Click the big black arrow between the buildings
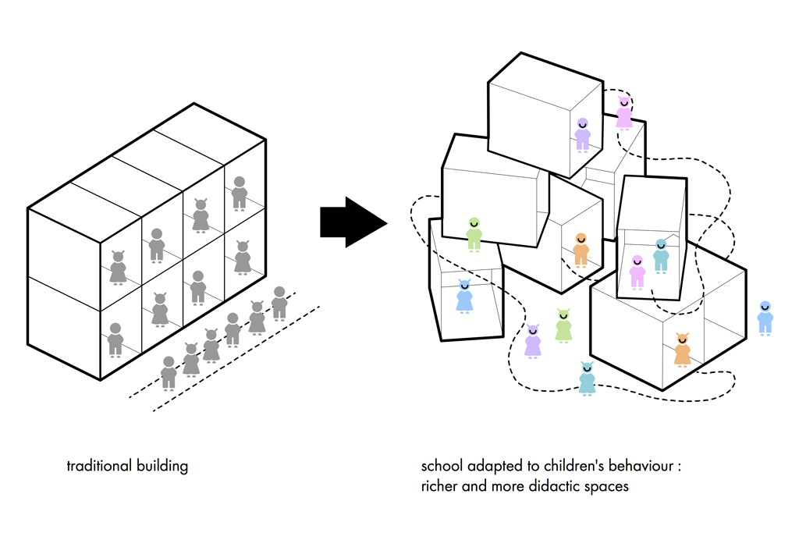pyautogui.click(x=353, y=223)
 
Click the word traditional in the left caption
pyautogui.click(x=98, y=467)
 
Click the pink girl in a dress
pyautogui.click(x=624, y=113)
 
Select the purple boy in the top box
pyautogui.click(x=582, y=134)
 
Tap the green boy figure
pyautogui.click(x=474, y=234)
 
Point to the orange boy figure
pyautogui.click(x=581, y=250)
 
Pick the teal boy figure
pyautogui.click(x=661, y=256)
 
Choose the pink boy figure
pyautogui.click(x=637, y=272)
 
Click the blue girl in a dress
pyautogui.click(x=465, y=297)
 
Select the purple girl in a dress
pyautogui.click(x=533, y=341)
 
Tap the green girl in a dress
pyautogui.click(x=564, y=325)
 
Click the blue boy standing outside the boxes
pyautogui.click(x=765, y=318)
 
